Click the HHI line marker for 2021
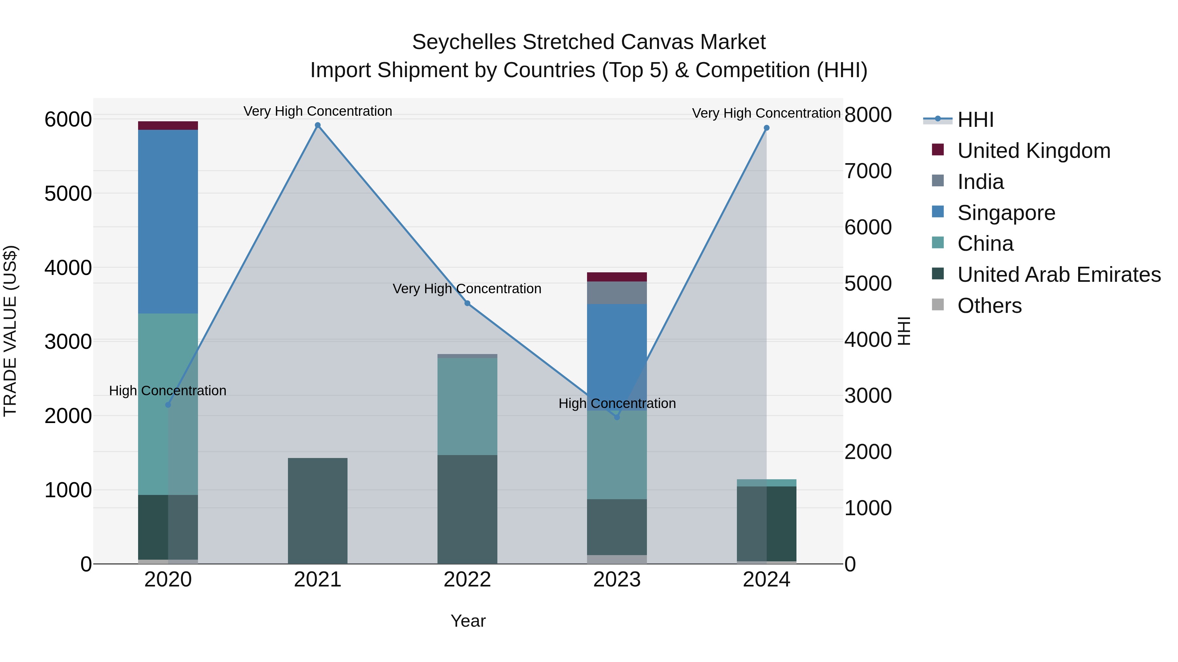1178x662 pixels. pos(317,125)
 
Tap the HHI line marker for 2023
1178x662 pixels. pos(616,417)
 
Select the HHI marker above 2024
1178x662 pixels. pos(766,128)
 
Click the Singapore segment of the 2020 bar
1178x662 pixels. pos(168,222)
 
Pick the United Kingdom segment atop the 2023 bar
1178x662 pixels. pos(616,277)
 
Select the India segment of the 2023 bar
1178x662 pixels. pos(616,293)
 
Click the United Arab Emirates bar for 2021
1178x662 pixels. pos(317,510)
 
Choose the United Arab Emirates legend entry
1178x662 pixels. pos(1058,275)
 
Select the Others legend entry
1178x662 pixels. pos(989,306)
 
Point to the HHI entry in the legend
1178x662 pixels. pos(975,120)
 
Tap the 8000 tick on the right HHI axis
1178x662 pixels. pos(867,115)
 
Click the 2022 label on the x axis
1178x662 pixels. pos(467,580)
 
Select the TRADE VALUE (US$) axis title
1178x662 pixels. pos(10,331)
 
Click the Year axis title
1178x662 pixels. pos(468,621)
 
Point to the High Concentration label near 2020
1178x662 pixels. pos(167,391)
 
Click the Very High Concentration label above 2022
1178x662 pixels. pos(467,289)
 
